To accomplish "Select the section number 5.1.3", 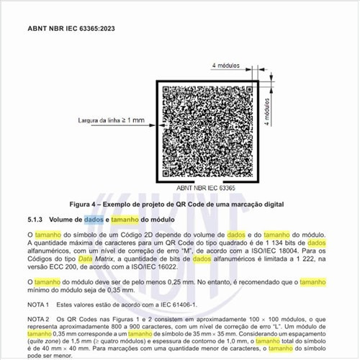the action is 36,219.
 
